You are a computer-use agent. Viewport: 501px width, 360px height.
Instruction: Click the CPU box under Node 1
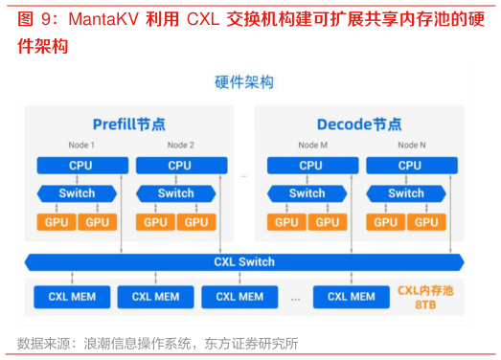(x=80, y=165)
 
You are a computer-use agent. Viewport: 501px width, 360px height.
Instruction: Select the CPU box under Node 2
(x=179, y=165)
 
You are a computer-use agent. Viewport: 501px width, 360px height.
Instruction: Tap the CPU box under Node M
(x=310, y=165)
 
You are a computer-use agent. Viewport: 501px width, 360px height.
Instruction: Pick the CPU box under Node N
(x=409, y=165)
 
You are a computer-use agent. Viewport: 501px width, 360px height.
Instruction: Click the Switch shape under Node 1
(x=77, y=193)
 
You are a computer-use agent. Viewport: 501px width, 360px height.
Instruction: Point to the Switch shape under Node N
(x=406, y=193)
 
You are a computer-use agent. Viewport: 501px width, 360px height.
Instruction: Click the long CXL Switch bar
(x=244, y=261)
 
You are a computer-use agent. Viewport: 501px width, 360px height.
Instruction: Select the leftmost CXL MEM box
(x=72, y=297)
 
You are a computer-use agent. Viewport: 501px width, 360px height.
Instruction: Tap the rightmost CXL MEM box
(x=351, y=297)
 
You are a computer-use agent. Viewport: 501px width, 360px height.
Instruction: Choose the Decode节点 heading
(x=359, y=124)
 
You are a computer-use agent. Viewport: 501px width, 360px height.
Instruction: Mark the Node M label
(x=310, y=146)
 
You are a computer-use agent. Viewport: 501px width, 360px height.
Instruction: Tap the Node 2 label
(x=180, y=146)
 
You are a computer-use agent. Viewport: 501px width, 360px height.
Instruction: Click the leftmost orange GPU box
(x=56, y=222)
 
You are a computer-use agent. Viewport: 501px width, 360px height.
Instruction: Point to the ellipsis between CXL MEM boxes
(x=294, y=299)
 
